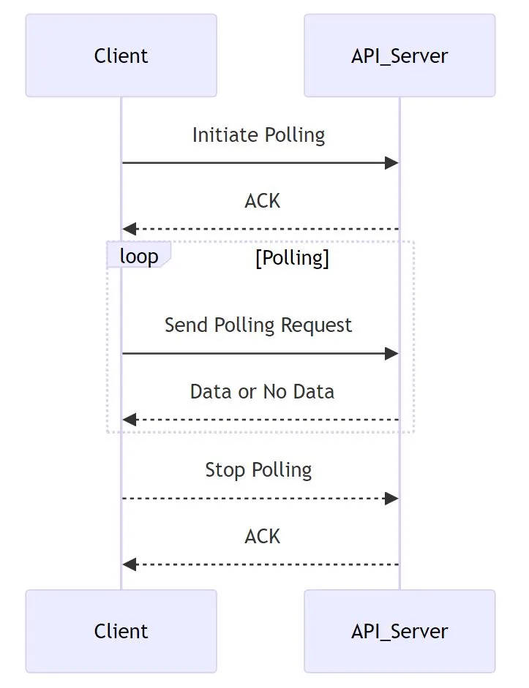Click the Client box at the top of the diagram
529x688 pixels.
[121, 56]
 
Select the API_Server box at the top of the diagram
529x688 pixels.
[399, 56]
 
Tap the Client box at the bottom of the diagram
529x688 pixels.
[121, 631]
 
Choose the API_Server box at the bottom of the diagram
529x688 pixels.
[399, 631]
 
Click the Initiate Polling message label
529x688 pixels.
[258, 135]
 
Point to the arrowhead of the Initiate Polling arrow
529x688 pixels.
[392, 162]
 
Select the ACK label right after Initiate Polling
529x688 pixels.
[262, 201]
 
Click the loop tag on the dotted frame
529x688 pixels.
[138, 257]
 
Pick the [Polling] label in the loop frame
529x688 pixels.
[292, 259]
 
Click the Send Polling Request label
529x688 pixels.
[258, 325]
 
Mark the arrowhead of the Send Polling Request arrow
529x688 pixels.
[392, 353]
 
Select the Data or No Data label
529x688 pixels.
[262, 392]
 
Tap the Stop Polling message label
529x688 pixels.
[258, 470]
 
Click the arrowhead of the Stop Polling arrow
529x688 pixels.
[392, 498]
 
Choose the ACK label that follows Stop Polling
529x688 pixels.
[262, 537]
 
